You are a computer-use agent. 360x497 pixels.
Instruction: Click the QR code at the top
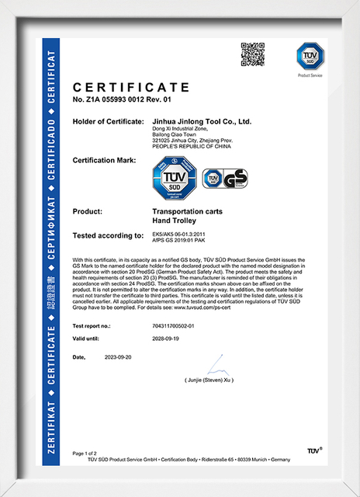253,56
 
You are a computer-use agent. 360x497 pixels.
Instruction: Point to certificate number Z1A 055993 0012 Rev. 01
122,100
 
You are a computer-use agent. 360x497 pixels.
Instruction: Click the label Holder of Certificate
106,122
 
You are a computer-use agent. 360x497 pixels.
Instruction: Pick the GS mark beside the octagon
225,179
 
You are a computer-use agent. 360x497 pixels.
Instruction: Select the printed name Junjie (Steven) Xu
209,381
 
